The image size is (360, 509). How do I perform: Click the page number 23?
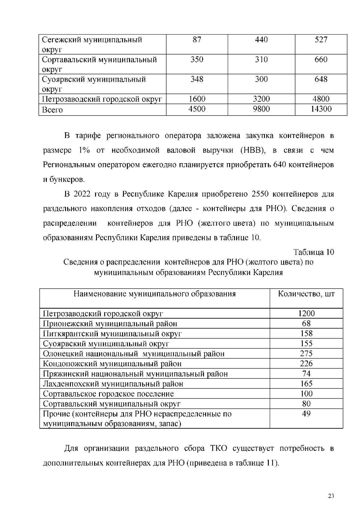[x=331, y=496]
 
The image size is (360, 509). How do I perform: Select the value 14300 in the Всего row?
[x=321, y=109]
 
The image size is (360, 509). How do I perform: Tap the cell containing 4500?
[x=197, y=109]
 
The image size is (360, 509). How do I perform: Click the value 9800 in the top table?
[x=261, y=109]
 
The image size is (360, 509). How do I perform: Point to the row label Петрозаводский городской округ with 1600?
[x=102, y=99]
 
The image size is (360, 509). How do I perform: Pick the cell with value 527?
[x=321, y=40]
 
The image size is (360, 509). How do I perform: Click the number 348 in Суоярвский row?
[x=197, y=79]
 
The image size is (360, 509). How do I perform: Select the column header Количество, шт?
[x=306, y=294]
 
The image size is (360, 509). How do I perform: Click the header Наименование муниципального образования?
[x=154, y=294]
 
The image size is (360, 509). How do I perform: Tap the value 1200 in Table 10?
[x=306, y=313]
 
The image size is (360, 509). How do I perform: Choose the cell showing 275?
[x=306, y=353]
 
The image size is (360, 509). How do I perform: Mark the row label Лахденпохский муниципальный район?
[x=113, y=384]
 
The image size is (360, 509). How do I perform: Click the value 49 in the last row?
[x=306, y=414]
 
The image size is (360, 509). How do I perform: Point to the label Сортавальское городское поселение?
[x=108, y=394]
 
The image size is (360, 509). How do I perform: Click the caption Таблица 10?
[x=313, y=252]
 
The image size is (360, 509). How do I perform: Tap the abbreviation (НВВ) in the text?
[x=253, y=150]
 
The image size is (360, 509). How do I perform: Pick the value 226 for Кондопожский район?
[x=306, y=364]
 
